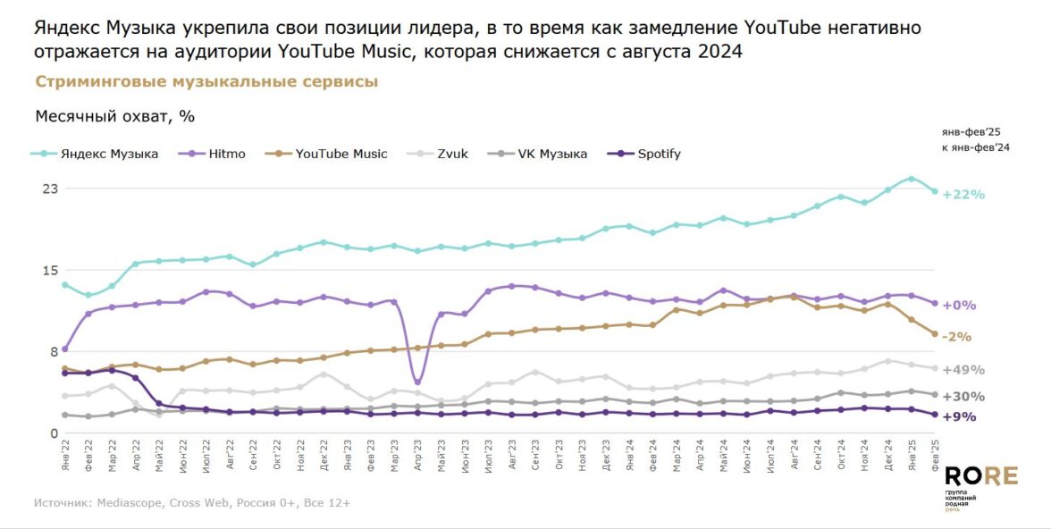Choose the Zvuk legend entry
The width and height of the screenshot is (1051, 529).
click(x=451, y=154)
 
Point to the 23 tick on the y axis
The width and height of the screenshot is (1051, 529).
click(x=50, y=189)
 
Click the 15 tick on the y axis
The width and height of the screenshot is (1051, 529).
click(x=50, y=271)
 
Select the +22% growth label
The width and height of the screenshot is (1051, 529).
click(x=963, y=195)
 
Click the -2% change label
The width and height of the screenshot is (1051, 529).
click(x=957, y=337)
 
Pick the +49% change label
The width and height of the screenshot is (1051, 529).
click(x=963, y=370)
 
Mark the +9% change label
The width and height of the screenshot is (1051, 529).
click(x=960, y=416)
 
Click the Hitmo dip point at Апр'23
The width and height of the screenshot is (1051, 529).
click(x=417, y=382)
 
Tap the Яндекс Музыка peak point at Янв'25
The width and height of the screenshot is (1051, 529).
click(x=911, y=179)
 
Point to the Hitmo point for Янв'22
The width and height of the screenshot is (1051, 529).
click(x=65, y=348)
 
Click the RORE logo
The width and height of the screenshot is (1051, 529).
click(x=981, y=475)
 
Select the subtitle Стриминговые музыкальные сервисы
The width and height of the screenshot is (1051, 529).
click(x=206, y=82)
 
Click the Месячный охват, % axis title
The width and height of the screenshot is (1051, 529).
click(x=115, y=116)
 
